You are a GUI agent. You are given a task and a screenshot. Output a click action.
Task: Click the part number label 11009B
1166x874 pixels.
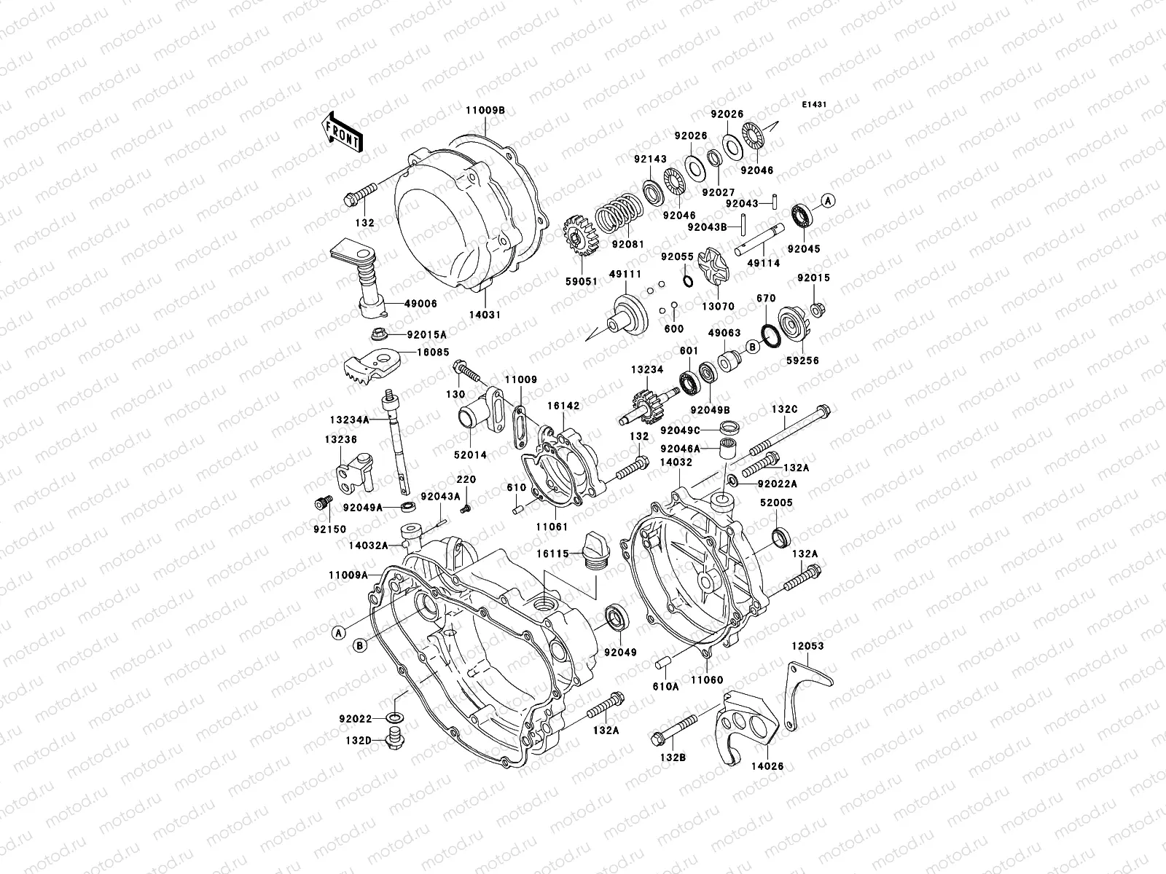click(x=485, y=110)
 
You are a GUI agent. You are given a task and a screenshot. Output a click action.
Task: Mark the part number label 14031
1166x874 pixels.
click(x=485, y=315)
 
